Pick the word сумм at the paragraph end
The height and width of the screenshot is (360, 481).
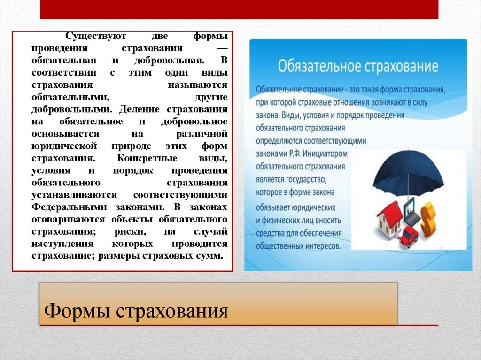pos(210,256)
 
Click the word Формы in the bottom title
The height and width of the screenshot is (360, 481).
pos(77,310)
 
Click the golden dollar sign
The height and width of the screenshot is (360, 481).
pos(428,219)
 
